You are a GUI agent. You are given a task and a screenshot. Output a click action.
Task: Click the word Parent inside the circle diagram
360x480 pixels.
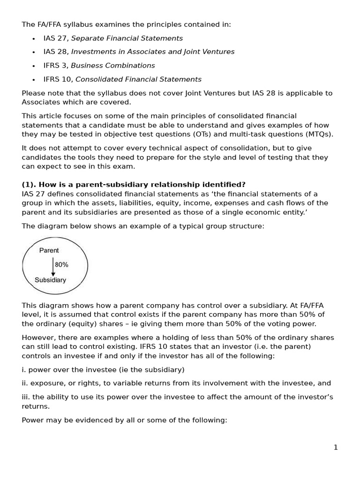point(49,250)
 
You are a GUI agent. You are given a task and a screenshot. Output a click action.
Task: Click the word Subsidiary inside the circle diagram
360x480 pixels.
point(50,280)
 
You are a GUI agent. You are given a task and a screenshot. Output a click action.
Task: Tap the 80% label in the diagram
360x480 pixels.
point(61,264)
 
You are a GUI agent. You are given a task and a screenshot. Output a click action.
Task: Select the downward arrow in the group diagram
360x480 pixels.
point(53,266)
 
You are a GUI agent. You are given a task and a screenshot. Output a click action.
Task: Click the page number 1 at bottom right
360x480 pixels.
point(335,447)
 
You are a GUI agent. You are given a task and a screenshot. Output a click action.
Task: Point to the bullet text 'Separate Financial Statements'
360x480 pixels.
point(127,38)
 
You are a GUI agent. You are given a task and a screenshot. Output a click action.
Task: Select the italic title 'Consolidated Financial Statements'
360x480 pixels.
point(138,79)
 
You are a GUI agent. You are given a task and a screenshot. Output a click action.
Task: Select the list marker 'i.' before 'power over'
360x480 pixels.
point(24,369)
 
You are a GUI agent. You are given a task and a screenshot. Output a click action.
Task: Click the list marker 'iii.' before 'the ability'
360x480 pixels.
point(26,397)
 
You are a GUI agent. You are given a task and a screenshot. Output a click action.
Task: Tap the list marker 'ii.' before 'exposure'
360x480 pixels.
point(25,383)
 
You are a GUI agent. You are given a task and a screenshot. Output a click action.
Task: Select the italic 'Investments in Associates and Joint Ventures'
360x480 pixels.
point(152,52)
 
